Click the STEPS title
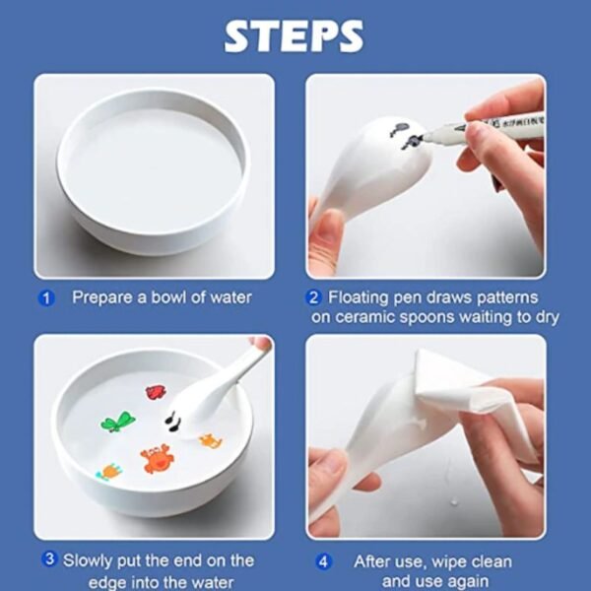click(x=294, y=35)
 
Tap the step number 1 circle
click(x=46, y=298)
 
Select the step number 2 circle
click(x=313, y=297)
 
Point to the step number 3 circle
click(x=50, y=558)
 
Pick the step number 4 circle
click(x=323, y=562)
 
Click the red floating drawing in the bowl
click(x=156, y=392)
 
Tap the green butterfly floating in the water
click(x=118, y=422)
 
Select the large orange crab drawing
click(x=157, y=458)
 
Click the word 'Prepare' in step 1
click(x=102, y=297)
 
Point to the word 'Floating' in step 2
click(x=359, y=297)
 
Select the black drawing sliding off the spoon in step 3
click(x=172, y=422)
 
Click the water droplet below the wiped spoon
click(x=454, y=501)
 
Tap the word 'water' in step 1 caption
click(x=230, y=298)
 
